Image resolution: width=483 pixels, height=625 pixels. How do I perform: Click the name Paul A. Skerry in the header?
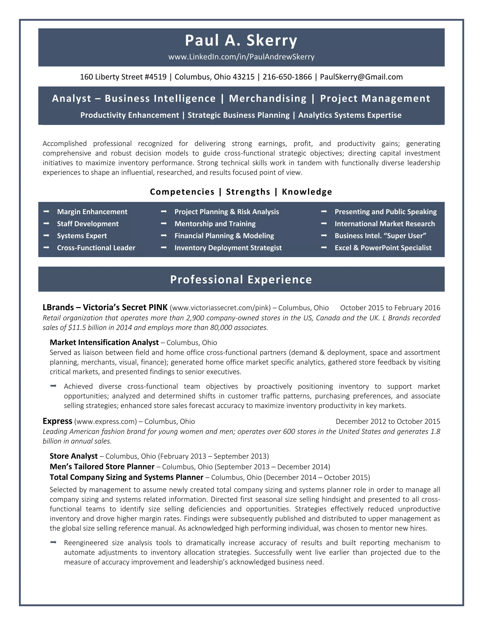click(241, 40)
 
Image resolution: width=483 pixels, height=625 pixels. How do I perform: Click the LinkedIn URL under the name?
click(241, 57)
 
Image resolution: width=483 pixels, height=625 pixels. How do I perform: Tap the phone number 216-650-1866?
click(287, 77)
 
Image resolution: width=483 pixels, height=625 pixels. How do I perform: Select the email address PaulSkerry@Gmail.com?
click(361, 77)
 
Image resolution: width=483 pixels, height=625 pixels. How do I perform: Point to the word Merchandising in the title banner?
click(268, 98)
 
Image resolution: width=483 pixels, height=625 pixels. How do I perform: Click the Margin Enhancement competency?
click(92, 212)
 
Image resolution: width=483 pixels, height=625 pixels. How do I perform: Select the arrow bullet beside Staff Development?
click(46, 224)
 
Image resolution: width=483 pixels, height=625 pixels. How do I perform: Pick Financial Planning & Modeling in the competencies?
click(224, 236)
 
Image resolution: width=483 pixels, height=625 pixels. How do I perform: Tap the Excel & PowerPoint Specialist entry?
click(383, 248)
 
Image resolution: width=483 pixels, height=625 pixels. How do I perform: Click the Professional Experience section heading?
click(241, 279)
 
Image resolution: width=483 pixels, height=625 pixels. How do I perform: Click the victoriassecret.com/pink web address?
click(220, 308)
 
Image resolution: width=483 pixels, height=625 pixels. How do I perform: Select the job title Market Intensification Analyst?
click(104, 342)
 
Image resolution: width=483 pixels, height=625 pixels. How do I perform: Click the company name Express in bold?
click(57, 421)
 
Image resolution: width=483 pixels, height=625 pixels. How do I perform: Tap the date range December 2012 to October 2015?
click(388, 421)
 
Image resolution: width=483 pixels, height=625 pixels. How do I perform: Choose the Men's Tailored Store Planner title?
click(102, 467)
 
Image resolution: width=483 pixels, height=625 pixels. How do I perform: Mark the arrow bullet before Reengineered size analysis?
click(53, 542)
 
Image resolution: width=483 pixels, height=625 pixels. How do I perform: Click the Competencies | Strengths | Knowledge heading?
click(241, 192)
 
